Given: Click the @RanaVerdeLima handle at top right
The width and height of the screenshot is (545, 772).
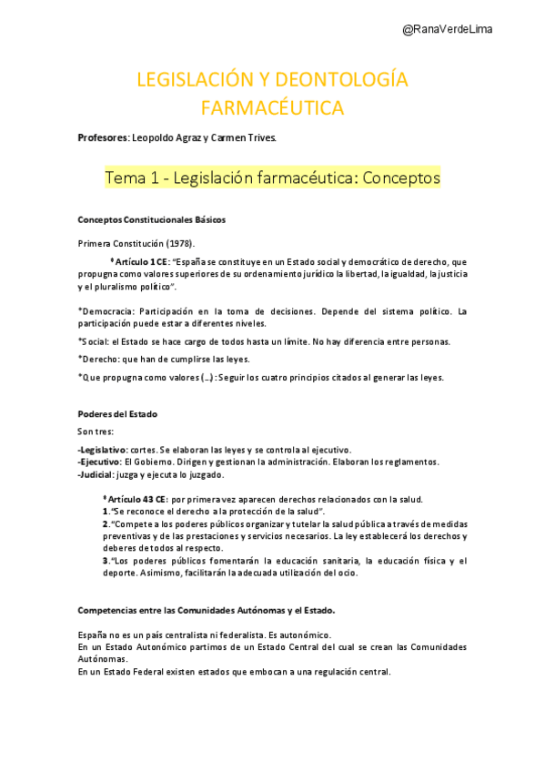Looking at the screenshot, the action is point(448,29).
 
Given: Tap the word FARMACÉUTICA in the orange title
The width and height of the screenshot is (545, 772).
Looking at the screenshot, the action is point(272,108).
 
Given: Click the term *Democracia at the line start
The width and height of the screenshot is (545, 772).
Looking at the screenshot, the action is point(106,311).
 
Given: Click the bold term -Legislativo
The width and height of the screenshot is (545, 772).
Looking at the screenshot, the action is point(102,450).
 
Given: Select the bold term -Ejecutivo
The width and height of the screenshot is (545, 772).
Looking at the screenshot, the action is point(100,462).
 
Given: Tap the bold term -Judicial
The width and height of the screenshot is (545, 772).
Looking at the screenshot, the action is point(97,474).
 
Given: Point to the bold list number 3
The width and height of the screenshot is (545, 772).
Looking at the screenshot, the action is point(106,561).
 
